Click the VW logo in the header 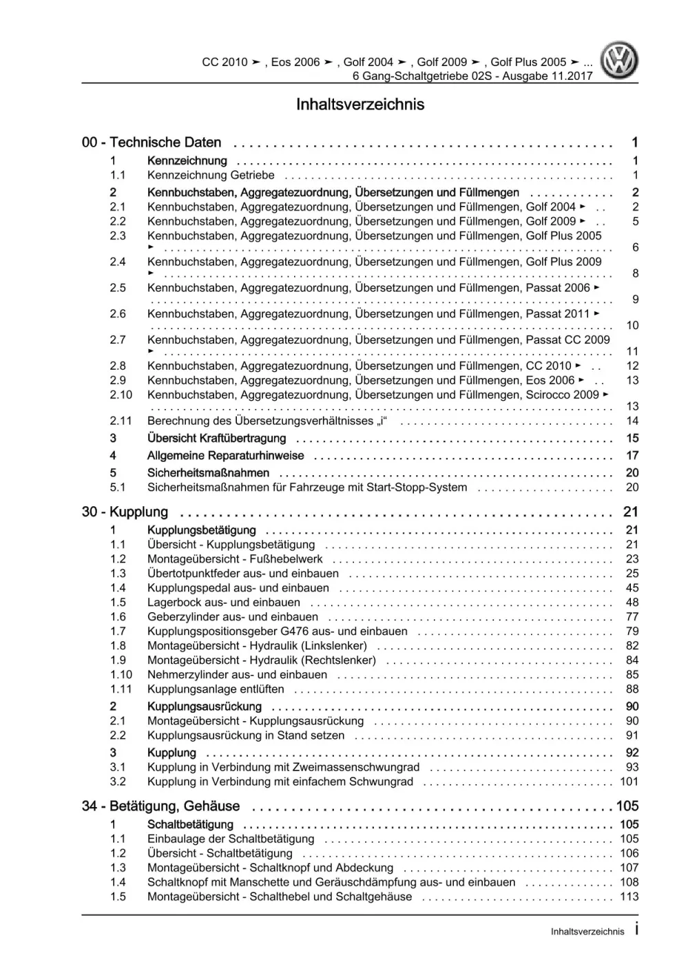pos(619,61)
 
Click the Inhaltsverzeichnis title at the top pos(360,105)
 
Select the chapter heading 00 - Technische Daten pos(152,143)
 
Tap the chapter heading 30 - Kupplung pos(125,512)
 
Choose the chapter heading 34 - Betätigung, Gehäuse pos(160,806)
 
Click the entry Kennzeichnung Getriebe pos(211,175)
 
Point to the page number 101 pos(629,782)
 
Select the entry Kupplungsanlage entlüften pos(216,689)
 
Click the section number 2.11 pos(121,421)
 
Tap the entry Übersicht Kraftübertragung pos(216,438)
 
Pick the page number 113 pos(629,897)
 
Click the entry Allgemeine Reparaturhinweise pos(225,455)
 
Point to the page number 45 pos(632,588)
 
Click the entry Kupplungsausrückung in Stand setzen pos(246,735)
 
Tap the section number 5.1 pos(118,488)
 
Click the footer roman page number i pos(636,930)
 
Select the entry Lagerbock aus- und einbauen pos(224,603)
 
